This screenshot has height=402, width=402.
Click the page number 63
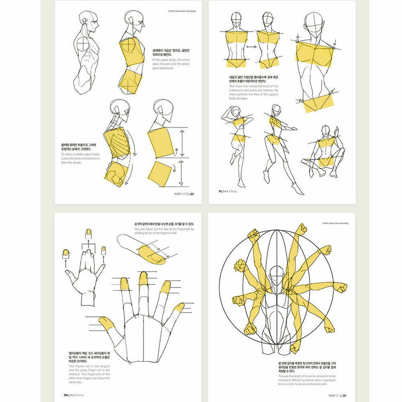point(192,193)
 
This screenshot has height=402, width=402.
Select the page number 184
point(66,394)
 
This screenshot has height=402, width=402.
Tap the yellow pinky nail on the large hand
point(179,308)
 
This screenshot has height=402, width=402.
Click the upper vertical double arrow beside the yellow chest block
point(181,143)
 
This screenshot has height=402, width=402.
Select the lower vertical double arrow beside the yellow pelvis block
point(181,174)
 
